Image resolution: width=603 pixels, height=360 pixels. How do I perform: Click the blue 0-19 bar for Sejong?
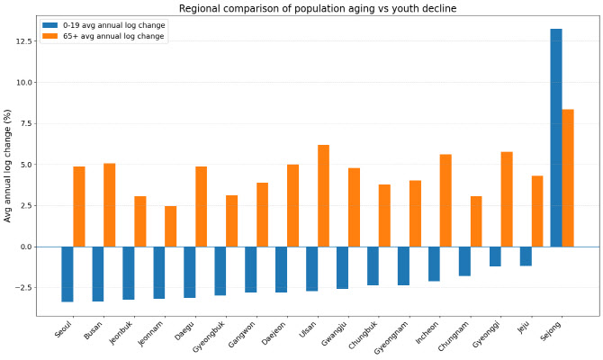pyautogui.click(x=556, y=138)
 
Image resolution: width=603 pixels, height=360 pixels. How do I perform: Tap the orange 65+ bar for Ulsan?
pyautogui.click(x=323, y=195)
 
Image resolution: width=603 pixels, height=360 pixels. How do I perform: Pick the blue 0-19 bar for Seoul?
pyautogui.click(x=67, y=274)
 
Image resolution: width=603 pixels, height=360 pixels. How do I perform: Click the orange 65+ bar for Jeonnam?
pyautogui.click(x=171, y=226)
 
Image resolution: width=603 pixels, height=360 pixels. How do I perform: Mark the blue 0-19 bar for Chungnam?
pyautogui.click(x=464, y=261)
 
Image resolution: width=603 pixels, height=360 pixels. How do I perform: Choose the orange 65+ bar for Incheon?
pyautogui.click(x=445, y=200)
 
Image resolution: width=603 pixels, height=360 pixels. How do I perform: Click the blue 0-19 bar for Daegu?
pyautogui.click(x=190, y=272)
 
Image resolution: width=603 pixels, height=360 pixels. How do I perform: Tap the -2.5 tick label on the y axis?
pyautogui.click(x=20, y=287)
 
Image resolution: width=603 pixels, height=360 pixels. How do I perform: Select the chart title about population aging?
pyautogui.click(x=318, y=8)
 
